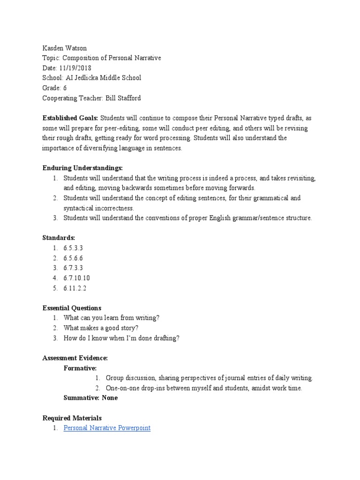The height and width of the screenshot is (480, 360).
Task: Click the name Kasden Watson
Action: (x=65, y=48)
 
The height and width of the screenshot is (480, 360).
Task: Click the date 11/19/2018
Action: (x=75, y=68)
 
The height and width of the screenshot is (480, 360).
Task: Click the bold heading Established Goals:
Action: (x=70, y=118)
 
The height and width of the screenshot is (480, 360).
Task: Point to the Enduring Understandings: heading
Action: (x=82, y=168)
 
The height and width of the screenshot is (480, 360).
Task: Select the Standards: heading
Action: (x=59, y=238)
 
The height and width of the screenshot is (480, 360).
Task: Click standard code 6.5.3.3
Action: (x=73, y=248)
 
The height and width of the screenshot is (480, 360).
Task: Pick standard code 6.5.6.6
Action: (x=73, y=258)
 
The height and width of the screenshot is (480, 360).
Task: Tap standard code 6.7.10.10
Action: (x=76, y=278)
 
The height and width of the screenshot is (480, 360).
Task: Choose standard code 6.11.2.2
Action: (x=75, y=288)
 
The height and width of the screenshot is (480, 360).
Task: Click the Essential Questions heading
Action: (x=72, y=308)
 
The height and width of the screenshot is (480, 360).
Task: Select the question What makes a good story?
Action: (x=101, y=328)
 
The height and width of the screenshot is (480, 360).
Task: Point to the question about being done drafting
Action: (x=121, y=338)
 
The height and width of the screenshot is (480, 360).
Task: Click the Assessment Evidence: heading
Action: (x=75, y=358)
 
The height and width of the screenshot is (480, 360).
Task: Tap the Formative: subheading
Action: (x=80, y=368)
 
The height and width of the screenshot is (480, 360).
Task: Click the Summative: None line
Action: (x=90, y=398)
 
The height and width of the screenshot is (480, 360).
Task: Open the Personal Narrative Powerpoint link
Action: (x=107, y=428)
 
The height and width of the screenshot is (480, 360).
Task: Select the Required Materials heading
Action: (x=72, y=418)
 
